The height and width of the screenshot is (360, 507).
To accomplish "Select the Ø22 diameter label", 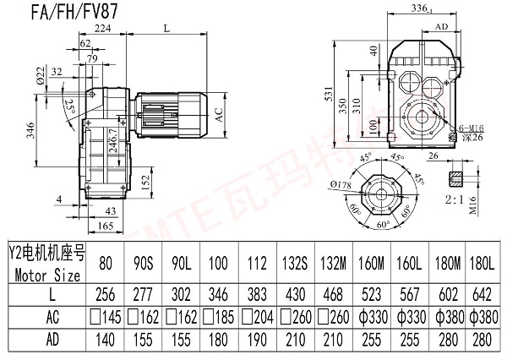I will tap(41, 78).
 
